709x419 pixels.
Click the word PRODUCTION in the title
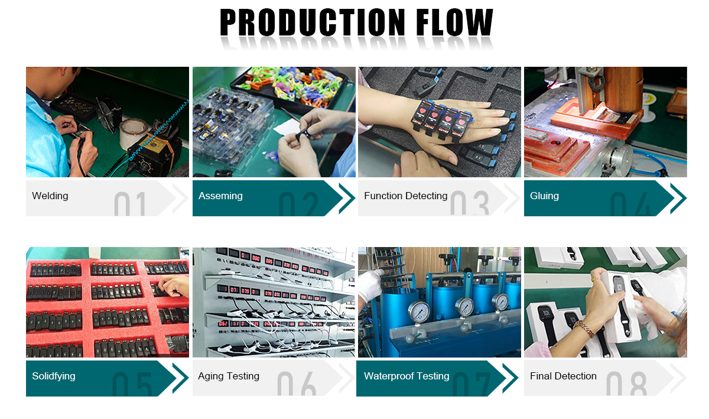(313, 22)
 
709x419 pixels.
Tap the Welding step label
(50, 196)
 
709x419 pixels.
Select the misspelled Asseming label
(220, 196)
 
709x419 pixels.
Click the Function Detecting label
(405, 196)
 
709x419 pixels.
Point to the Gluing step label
(544, 196)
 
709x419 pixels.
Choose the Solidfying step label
(54, 376)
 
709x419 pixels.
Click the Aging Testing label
(229, 376)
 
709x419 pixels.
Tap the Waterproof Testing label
(406, 376)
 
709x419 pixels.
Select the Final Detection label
(563, 376)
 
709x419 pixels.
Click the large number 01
(130, 204)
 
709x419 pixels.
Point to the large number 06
(297, 384)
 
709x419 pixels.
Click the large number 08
(626, 384)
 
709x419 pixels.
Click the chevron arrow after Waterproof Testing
(510, 378)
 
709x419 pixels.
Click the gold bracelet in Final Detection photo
(584, 328)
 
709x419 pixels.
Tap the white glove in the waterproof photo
(370, 285)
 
